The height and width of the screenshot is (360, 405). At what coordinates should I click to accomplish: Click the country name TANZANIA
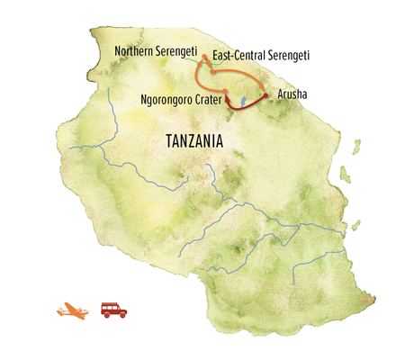pyautogui.click(x=195, y=141)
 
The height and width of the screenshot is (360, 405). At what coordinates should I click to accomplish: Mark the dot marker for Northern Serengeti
pyautogui.click(x=204, y=57)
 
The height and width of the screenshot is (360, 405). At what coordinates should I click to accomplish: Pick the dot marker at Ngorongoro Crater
pyautogui.click(x=225, y=101)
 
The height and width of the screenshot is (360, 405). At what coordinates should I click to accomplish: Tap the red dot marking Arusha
pyautogui.click(x=265, y=94)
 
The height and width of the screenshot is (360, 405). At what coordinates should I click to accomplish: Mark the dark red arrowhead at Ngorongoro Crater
pyautogui.click(x=227, y=102)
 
